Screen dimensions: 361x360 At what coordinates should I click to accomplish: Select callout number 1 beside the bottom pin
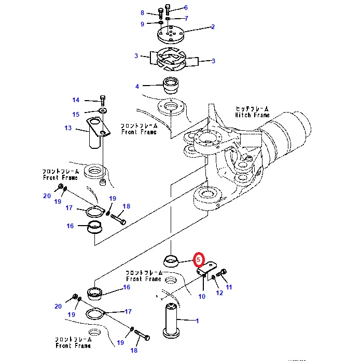197,321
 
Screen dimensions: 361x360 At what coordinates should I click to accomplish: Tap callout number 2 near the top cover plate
213,26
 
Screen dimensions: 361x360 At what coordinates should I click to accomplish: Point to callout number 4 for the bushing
137,86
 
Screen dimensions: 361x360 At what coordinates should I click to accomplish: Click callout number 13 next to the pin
68,128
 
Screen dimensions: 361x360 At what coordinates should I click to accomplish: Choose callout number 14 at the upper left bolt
75,100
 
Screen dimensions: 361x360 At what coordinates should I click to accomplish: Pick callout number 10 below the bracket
202,296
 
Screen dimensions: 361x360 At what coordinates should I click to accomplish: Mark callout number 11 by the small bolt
229,287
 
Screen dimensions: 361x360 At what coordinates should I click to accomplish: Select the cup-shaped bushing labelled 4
170,85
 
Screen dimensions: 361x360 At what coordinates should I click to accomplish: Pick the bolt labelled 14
102,99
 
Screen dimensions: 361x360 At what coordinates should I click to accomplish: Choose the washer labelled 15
102,110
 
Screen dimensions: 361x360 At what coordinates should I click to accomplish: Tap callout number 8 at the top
142,12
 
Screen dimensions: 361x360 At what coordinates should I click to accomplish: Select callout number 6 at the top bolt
185,7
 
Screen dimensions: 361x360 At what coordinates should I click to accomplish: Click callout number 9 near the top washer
142,24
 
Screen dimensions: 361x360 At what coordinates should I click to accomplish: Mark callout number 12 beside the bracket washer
219,293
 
